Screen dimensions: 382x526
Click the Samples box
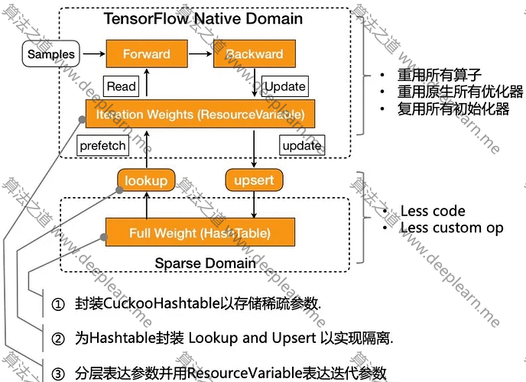[51, 54]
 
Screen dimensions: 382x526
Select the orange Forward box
[145, 54]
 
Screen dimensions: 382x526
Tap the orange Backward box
[254, 54]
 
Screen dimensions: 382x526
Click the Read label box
[121, 86]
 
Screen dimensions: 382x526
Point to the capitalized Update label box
[284, 86]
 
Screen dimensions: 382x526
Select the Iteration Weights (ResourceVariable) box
[200, 115]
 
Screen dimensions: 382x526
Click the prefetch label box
[103, 144]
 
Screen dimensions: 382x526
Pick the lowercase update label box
[301, 144]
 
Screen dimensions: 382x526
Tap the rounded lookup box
[145, 180]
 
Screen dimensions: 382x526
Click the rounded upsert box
[254, 180]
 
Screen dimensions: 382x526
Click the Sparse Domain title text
[205, 264]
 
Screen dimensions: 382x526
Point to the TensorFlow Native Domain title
[203, 18]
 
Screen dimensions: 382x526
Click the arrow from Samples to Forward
[93, 54]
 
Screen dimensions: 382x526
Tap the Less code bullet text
[432, 211]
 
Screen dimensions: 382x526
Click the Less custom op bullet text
[451, 227]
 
